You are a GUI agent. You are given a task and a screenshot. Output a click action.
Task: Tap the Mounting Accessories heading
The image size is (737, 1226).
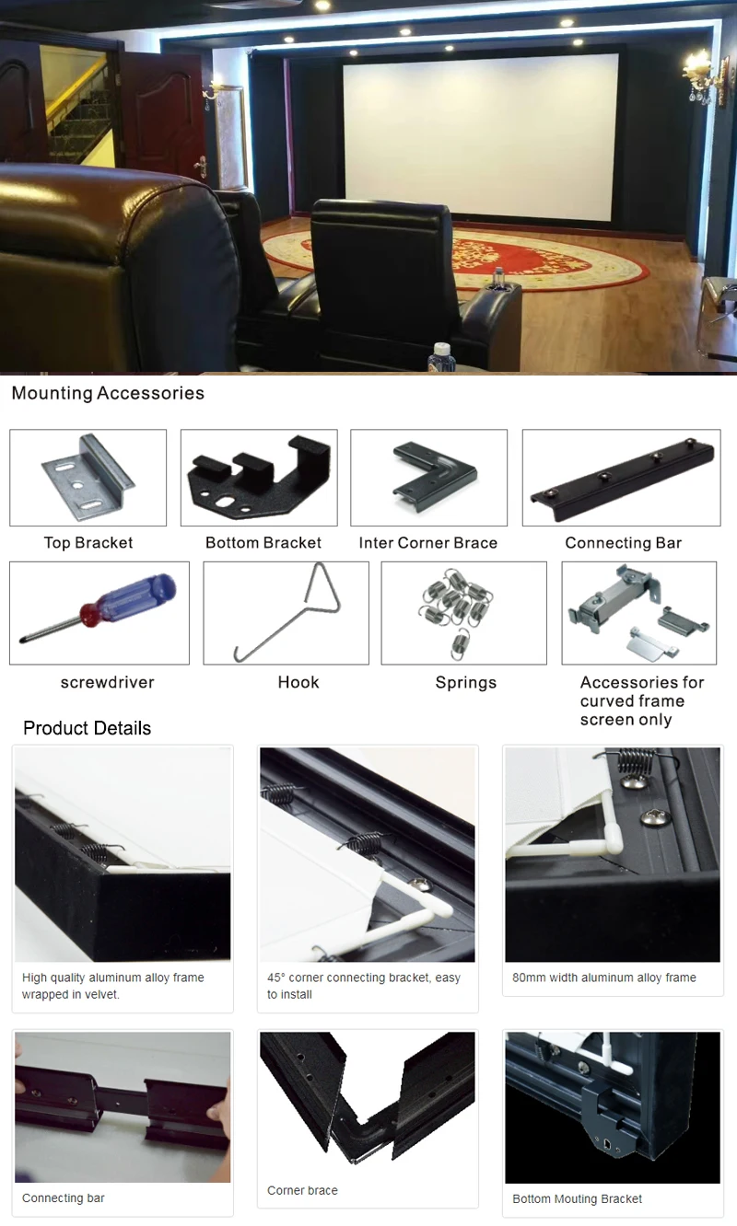click(108, 394)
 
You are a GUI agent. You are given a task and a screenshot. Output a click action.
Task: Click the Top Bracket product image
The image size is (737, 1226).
click(88, 477)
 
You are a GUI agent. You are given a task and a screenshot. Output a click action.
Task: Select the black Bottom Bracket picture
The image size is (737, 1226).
click(259, 477)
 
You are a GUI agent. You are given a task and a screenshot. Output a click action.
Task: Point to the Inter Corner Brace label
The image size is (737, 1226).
click(428, 543)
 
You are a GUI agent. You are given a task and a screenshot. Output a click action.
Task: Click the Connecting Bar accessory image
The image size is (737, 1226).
click(622, 477)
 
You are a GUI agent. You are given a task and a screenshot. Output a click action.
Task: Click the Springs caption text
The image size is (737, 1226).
click(465, 683)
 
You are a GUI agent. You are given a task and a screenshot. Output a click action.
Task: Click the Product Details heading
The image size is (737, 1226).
click(87, 728)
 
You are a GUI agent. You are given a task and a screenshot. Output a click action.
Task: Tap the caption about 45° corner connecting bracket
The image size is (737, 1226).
click(364, 986)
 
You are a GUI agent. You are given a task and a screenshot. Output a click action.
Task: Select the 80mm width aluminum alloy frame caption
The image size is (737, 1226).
click(604, 977)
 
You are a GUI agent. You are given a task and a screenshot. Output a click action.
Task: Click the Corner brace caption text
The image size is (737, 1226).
click(302, 1191)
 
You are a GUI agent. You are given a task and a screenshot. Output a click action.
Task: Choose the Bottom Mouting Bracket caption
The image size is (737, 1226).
click(578, 1199)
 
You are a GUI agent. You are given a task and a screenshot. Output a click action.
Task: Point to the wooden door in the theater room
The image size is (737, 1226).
click(166, 115)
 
